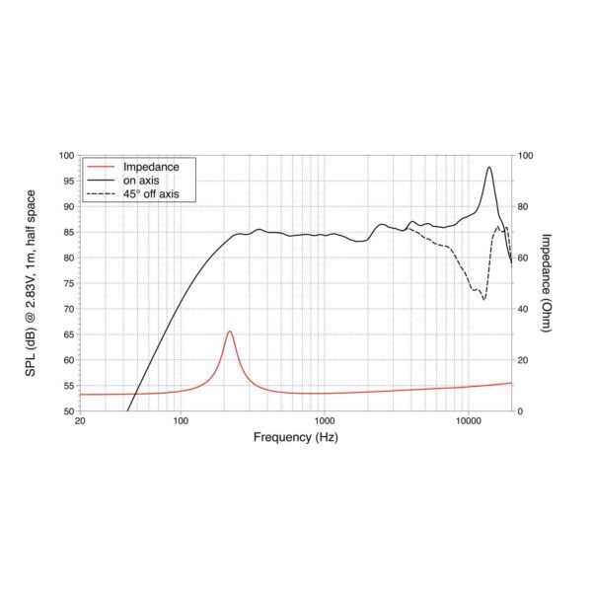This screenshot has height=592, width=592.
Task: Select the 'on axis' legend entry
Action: pos(140,181)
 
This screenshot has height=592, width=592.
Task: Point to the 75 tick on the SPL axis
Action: pos(68,283)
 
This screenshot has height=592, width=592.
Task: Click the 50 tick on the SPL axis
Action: pos(68,410)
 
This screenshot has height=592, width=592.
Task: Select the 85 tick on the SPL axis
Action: pos(68,232)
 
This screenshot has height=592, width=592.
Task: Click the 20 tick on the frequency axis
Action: pos(80,421)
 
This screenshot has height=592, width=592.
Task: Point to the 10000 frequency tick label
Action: pos(469,421)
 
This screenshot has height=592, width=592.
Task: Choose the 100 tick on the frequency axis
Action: pos(181,421)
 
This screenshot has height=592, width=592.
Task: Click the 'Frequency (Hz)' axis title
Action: pos(295,436)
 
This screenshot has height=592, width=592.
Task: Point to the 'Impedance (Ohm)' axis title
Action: pos(549,283)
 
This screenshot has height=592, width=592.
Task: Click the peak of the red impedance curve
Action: pos(230,332)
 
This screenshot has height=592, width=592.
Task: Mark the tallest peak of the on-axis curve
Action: pos(489,168)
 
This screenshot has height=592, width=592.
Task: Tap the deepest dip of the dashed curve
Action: pos(483,299)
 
